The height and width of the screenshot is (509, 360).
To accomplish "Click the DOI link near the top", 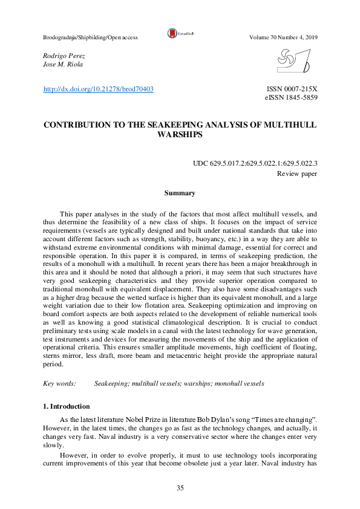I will [99, 89].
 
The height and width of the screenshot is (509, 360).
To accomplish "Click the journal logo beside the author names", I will [293, 62].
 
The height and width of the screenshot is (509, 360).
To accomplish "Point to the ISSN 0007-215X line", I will [292, 89].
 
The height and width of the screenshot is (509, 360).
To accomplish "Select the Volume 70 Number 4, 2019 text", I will [283, 37].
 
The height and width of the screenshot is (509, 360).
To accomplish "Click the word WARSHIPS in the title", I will [180, 135].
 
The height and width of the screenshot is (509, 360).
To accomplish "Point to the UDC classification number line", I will [255, 163].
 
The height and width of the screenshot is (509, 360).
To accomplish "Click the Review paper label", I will [297, 173].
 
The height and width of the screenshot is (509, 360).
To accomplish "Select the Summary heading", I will [180, 193].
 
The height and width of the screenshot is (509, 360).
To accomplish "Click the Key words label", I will [60, 383].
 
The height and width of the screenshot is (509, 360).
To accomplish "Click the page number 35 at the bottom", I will [180, 488].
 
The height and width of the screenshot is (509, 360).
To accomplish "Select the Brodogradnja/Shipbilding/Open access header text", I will [91, 37].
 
